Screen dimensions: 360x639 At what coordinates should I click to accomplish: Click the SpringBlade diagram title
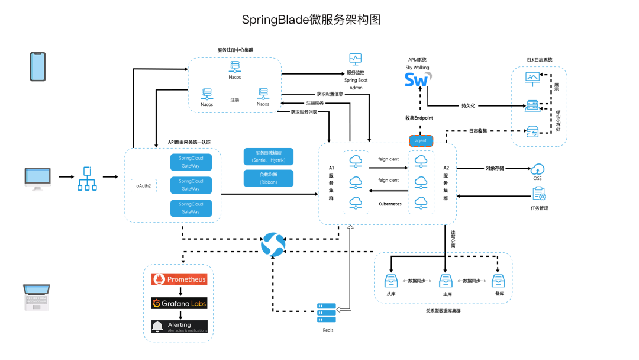click(311, 20)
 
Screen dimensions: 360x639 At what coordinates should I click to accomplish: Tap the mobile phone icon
click(38, 66)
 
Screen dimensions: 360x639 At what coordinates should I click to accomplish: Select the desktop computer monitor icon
click(38, 178)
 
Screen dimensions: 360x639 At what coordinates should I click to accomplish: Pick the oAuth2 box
click(144, 185)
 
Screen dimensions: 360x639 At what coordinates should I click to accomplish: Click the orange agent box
click(421, 141)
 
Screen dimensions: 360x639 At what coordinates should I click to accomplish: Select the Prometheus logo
click(179, 279)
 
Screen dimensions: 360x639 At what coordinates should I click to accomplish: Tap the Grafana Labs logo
click(179, 303)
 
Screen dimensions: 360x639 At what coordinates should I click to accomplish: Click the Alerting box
click(179, 326)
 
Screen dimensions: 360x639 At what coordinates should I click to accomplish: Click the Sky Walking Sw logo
click(418, 79)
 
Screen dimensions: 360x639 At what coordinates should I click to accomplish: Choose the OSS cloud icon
click(537, 169)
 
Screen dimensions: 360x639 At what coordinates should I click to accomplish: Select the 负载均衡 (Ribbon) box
click(268, 178)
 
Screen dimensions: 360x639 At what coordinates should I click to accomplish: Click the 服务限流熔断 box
click(268, 156)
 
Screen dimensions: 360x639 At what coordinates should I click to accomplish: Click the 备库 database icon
click(499, 281)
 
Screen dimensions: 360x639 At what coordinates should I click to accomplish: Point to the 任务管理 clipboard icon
click(538, 194)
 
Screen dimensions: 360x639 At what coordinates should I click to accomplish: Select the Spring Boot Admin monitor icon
click(355, 59)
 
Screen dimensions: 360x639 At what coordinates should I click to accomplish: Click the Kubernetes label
click(389, 203)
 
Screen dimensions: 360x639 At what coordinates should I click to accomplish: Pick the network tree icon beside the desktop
click(87, 178)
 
